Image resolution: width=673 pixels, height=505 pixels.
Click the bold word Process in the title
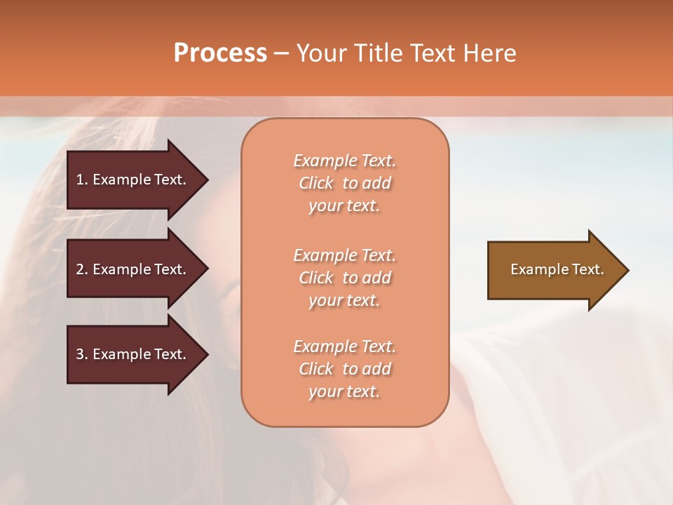click(x=220, y=53)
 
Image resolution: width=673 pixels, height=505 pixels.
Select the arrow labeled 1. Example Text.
click(x=133, y=180)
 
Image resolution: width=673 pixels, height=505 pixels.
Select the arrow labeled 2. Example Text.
click(x=133, y=269)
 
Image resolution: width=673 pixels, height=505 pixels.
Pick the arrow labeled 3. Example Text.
click(x=133, y=354)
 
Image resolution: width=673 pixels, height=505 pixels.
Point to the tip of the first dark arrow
click(x=207, y=180)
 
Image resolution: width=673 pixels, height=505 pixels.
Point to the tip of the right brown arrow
click(x=627, y=270)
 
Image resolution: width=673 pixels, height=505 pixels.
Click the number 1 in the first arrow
click(x=80, y=180)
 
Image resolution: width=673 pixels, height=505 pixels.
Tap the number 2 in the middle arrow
click(x=80, y=269)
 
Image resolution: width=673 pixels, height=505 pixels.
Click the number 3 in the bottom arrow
click(x=80, y=354)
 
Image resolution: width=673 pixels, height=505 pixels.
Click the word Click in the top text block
click(x=316, y=183)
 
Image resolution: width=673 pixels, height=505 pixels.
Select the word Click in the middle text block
click(x=316, y=278)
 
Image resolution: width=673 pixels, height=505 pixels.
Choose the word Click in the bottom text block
click(x=316, y=369)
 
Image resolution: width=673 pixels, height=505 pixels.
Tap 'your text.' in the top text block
click(x=344, y=206)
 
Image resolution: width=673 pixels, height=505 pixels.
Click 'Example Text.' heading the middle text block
click(x=344, y=255)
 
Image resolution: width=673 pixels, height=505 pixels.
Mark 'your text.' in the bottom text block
click(x=344, y=392)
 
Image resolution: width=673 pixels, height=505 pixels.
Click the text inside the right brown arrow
click(x=557, y=269)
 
